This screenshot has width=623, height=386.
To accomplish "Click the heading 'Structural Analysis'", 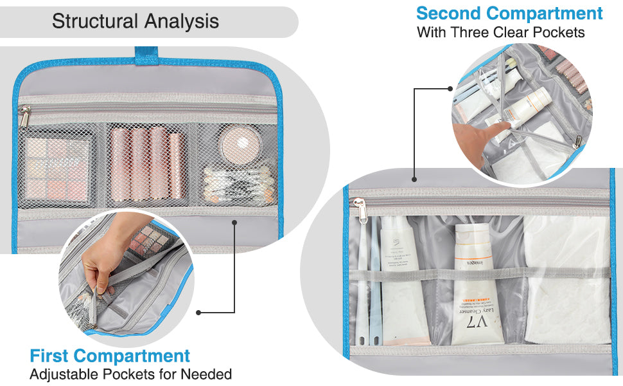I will click(136, 21).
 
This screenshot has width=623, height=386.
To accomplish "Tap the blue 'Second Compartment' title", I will click(509, 13).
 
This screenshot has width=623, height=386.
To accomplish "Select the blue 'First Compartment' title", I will click(110, 356).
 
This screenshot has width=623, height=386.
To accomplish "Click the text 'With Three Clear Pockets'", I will click(501, 32).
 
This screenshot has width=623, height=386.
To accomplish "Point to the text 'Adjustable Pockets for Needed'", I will click(131, 374).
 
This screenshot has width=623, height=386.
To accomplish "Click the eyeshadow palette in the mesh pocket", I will click(57, 169).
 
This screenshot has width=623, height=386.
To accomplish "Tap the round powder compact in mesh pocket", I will click(240, 143).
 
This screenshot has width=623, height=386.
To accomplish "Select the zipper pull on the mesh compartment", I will click(24, 117).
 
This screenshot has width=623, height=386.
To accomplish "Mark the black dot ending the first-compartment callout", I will click(198, 313).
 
